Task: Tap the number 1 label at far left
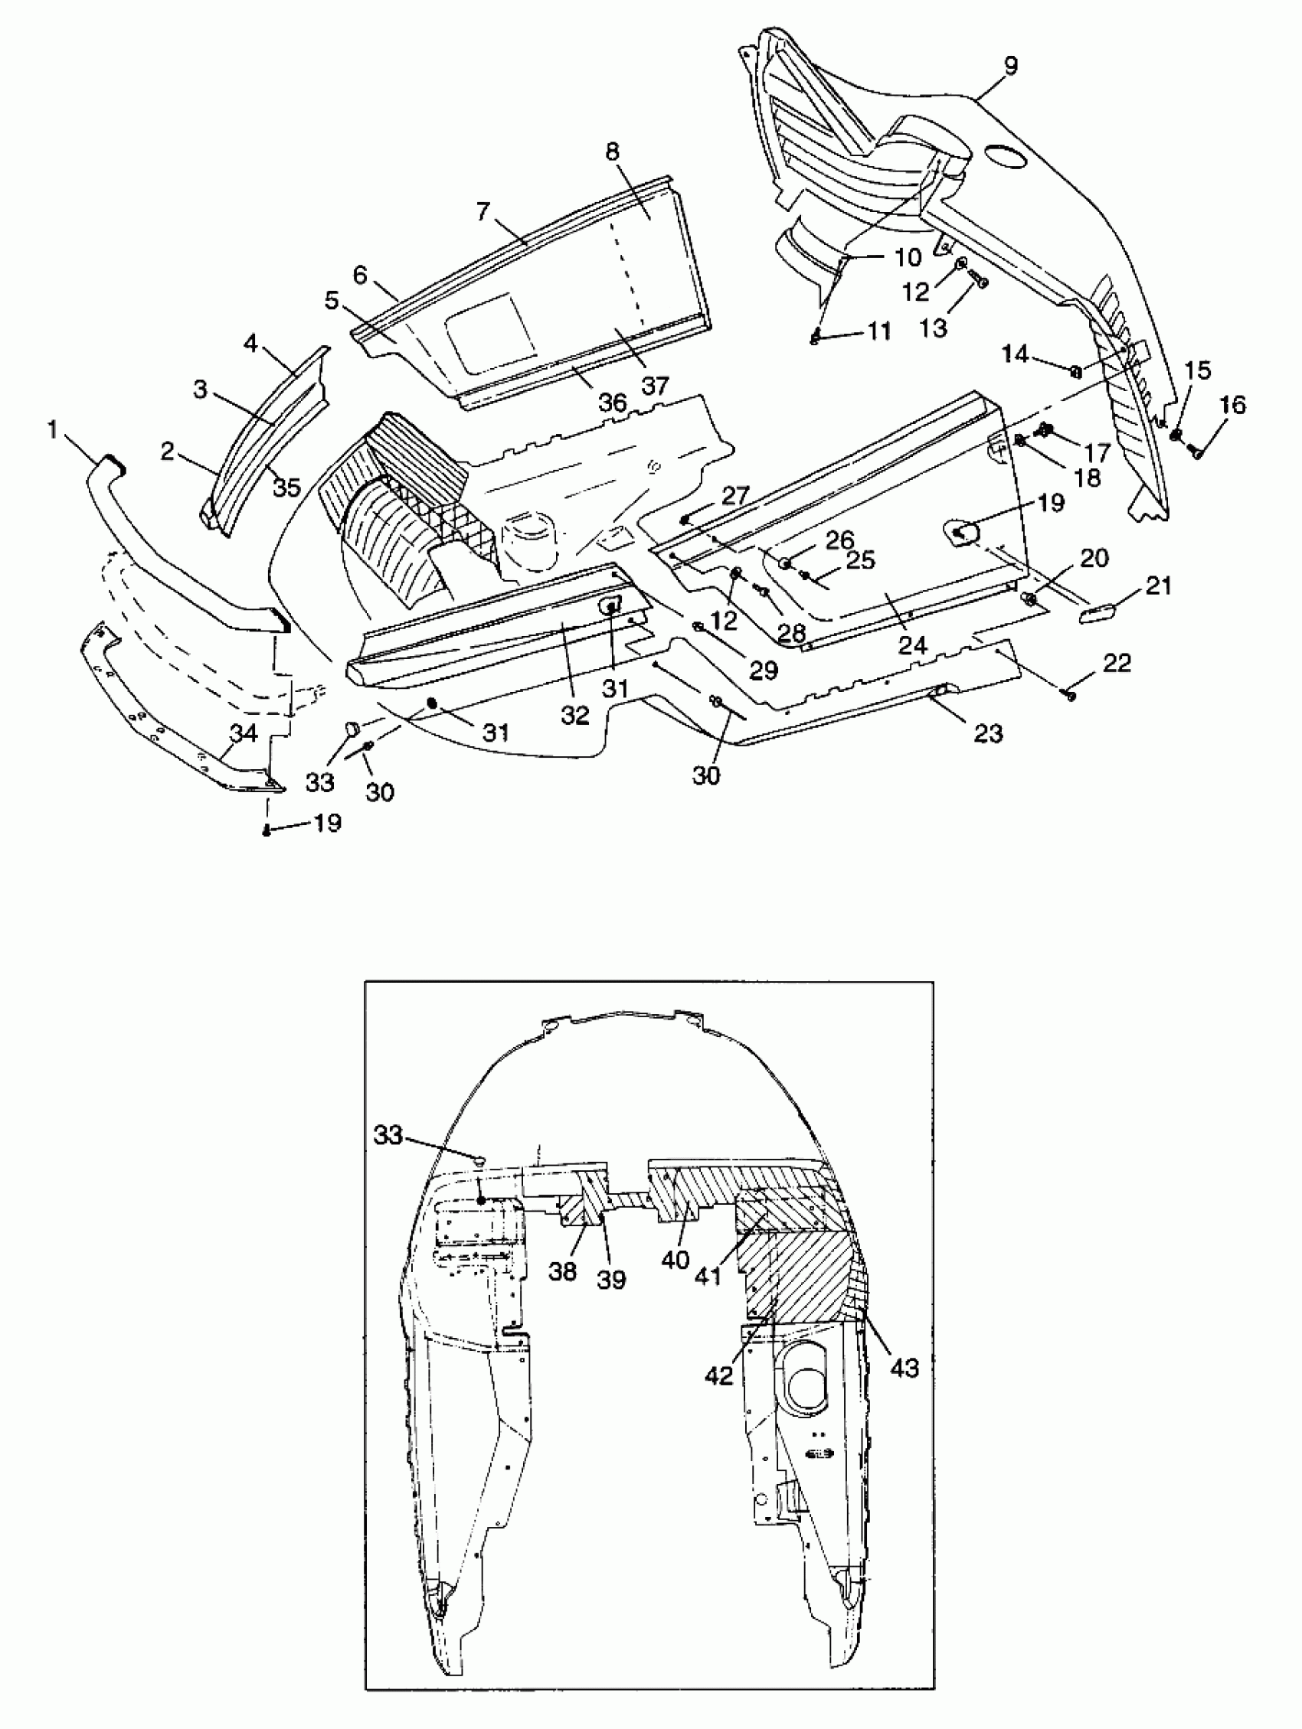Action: click(x=53, y=429)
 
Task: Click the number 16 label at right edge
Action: click(x=1232, y=405)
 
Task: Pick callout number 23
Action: click(x=989, y=733)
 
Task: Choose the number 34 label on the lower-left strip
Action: click(x=244, y=732)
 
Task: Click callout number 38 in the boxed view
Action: click(x=562, y=1272)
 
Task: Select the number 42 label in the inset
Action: click(x=718, y=1375)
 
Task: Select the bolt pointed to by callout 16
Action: click(x=1195, y=451)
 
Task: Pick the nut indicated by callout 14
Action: click(x=1076, y=371)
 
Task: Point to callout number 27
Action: click(x=735, y=495)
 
